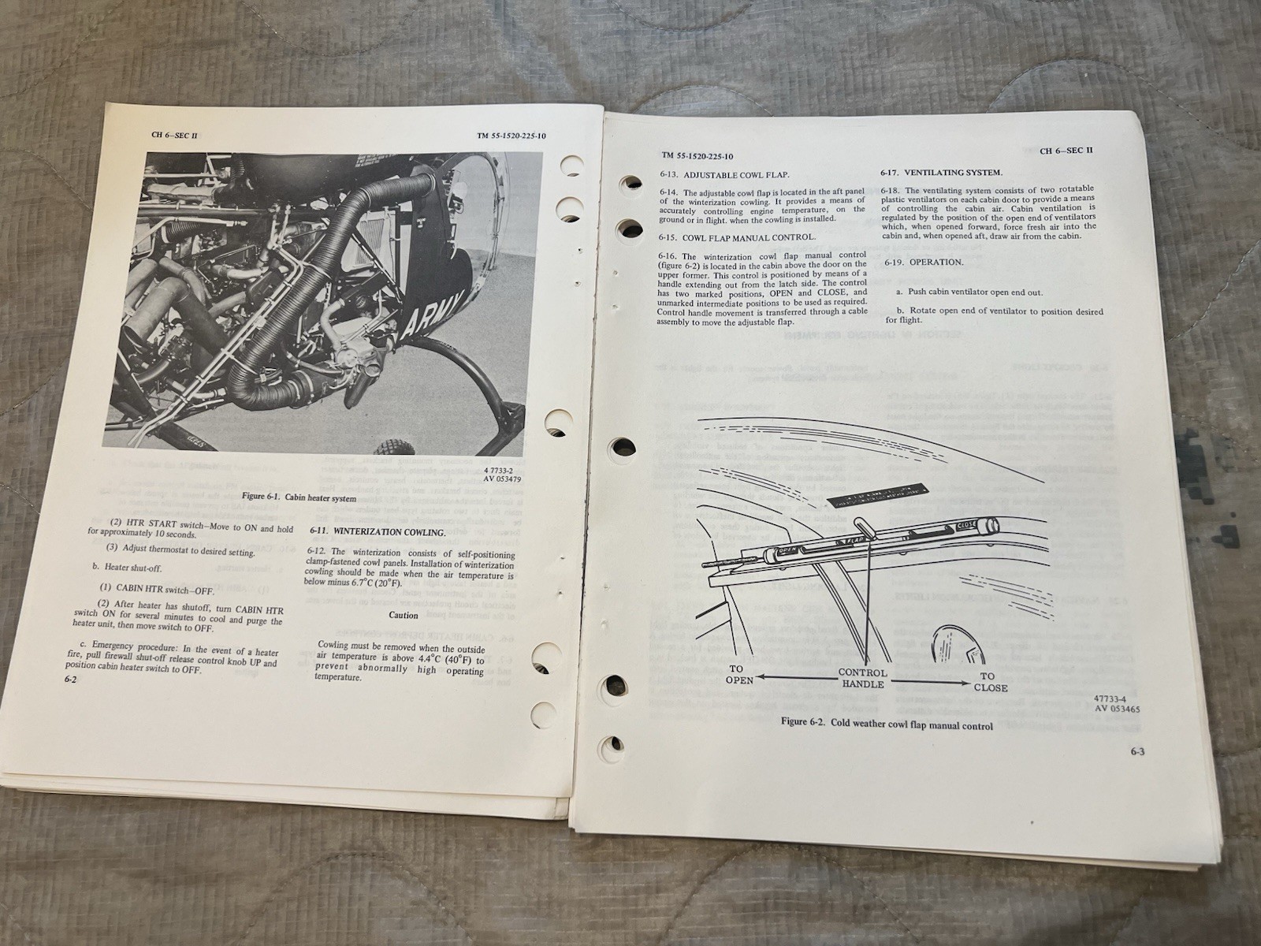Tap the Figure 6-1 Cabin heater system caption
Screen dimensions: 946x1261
point(299,498)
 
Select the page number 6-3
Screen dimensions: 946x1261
point(1136,751)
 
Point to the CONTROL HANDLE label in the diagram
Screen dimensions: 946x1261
point(862,679)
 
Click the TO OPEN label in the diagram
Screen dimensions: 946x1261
point(739,673)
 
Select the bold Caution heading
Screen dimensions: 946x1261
point(404,615)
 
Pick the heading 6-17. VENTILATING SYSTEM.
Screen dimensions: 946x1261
point(941,172)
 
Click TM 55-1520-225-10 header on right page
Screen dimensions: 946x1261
point(697,156)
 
